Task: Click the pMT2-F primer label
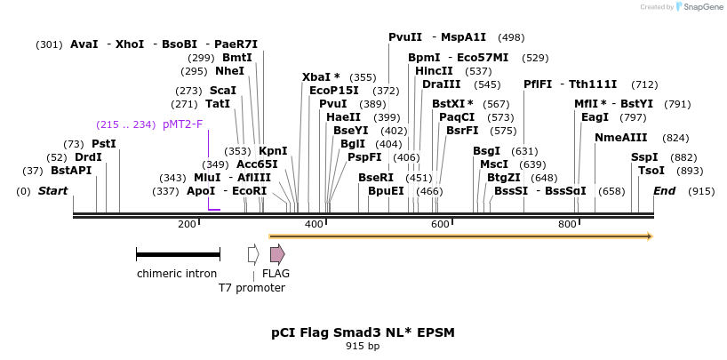182,124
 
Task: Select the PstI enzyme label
104,143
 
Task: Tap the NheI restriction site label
229,71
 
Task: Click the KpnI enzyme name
273,150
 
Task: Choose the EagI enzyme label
595,117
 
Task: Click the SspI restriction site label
644,157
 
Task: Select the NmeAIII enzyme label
620,138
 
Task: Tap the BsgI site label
486,151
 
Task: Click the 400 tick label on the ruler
314,224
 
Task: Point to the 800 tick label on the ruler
568,224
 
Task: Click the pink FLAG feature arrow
277,254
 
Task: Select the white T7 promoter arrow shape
253,254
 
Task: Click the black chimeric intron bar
178,254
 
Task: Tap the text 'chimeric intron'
177,274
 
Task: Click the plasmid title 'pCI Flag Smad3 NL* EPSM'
363,332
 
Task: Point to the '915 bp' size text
363,347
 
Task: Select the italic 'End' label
664,191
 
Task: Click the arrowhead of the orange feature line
650,236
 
